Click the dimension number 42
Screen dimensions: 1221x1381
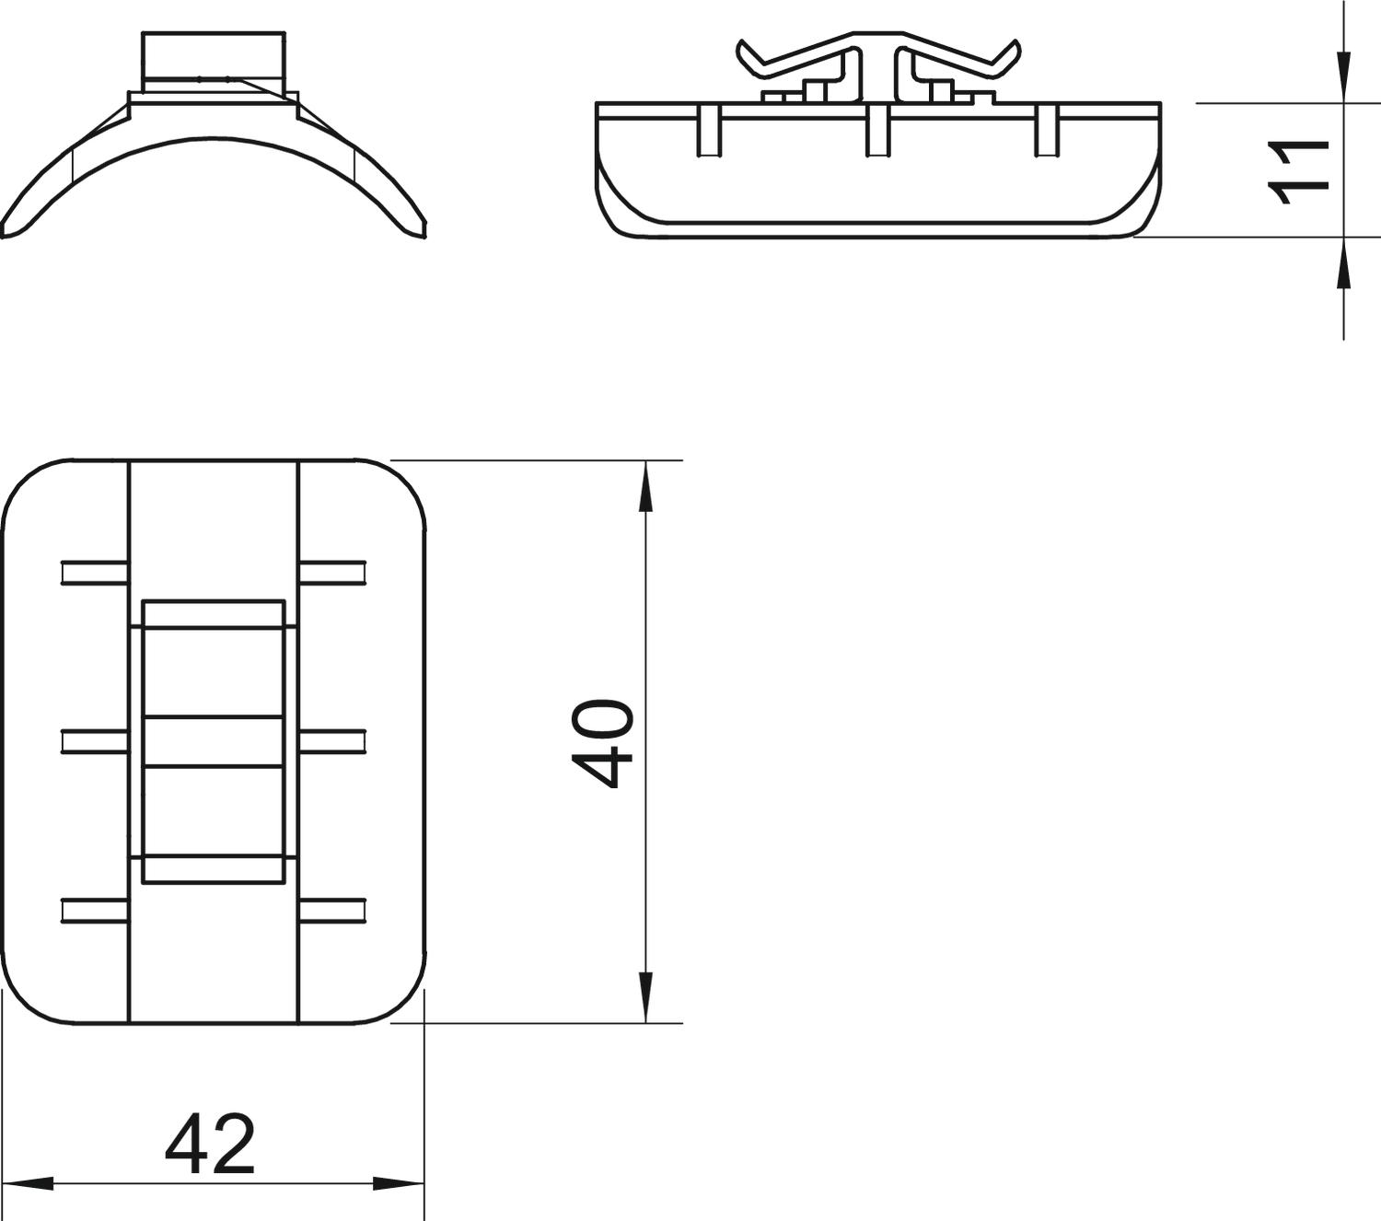pyautogui.click(x=210, y=1145)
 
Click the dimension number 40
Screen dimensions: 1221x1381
pyautogui.click(x=603, y=743)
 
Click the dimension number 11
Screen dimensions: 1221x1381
pyautogui.click(x=1299, y=171)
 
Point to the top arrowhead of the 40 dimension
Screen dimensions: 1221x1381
pyautogui.click(x=645, y=484)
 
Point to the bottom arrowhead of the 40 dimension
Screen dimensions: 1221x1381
pyautogui.click(x=645, y=998)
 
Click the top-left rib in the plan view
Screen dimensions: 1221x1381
pyautogui.click(x=94, y=573)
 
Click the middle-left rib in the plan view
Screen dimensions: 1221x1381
pyautogui.click(x=94, y=741)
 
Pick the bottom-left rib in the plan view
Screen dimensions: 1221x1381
pyautogui.click(x=94, y=911)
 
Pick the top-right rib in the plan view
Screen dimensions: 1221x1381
pyautogui.click(x=332, y=573)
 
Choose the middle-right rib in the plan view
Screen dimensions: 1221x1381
pyautogui.click(x=332, y=741)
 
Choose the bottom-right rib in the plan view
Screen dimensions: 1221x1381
pyautogui.click(x=332, y=911)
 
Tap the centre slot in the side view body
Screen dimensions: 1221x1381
pyautogui.click(x=877, y=130)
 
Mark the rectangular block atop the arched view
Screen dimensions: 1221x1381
pyautogui.click(x=213, y=57)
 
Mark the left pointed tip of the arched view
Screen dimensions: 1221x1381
pyautogui.click(x=7, y=231)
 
